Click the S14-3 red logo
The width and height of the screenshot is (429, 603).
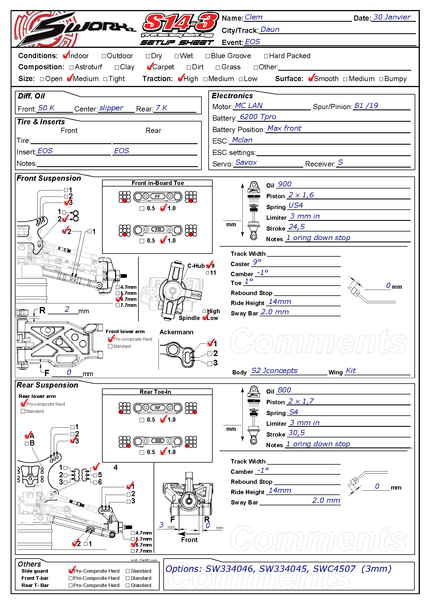coord(180,23)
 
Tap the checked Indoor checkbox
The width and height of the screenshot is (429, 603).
coord(66,56)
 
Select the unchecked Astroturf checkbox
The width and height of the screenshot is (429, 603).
coord(72,68)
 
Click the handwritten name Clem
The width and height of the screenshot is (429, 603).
coord(253,17)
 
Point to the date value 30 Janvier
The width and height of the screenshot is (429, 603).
coord(391,17)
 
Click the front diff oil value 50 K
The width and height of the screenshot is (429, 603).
coord(46,108)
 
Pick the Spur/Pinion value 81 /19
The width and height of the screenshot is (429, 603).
coord(366,106)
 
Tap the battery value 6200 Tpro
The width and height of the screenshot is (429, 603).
coord(258,117)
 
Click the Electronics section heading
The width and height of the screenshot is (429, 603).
coord(232,96)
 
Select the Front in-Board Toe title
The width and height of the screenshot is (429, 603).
coord(158,183)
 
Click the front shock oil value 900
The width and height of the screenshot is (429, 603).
coord(284,184)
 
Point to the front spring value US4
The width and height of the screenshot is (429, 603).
coord(295,205)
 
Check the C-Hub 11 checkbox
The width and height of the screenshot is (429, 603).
coord(207,273)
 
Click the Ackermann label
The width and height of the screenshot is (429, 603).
coord(176,332)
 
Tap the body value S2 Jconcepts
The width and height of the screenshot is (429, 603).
coord(274,371)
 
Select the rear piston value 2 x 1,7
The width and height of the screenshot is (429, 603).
coord(301,401)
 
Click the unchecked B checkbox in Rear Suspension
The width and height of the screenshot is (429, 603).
coord(27,443)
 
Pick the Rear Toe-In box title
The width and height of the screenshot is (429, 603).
coord(155,392)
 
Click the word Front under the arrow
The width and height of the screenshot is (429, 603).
coord(189,540)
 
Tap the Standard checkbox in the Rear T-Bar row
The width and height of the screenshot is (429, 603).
coord(128,585)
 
